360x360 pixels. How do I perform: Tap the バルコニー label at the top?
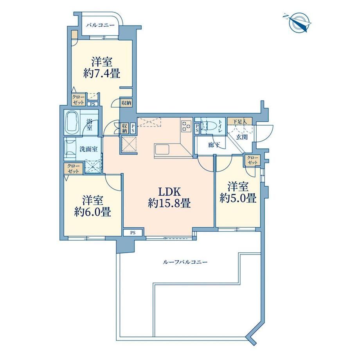click(x=100, y=25)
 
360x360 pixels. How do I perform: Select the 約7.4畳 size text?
click(x=101, y=74)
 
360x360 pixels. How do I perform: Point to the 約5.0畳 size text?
click(x=238, y=198)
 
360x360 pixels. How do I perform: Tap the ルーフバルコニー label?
click(x=185, y=262)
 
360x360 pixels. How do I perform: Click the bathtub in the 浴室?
click(x=72, y=122)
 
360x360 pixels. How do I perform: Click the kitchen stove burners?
click(x=186, y=126)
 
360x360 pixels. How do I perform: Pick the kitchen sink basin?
click(x=162, y=150)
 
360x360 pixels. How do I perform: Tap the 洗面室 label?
click(x=88, y=149)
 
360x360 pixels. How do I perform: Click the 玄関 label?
click(x=242, y=137)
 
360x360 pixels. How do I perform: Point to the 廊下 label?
click(x=214, y=145)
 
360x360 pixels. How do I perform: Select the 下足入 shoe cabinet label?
click(x=240, y=122)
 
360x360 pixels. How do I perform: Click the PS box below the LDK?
click(x=133, y=233)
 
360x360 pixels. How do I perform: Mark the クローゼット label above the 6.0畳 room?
click(x=74, y=169)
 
